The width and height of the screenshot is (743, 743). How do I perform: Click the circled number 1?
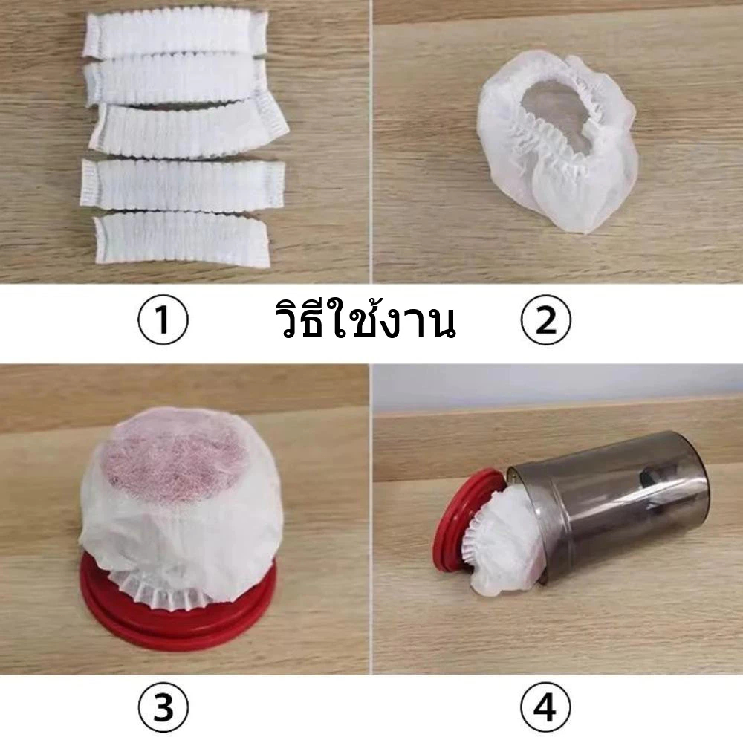pyautogui.click(x=163, y=319)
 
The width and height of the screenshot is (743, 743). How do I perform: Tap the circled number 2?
pyautogui.click(x=546, y=319)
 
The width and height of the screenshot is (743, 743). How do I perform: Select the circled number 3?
pyautogui.click(x=163, y=708)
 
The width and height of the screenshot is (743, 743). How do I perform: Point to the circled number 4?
pyautogui.click(x=546, y=708)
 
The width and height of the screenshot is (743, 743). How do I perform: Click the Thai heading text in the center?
pyautogui.click(x=365, y=319)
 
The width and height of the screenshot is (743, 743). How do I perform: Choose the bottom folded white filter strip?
pyautogui.click(x=182, y=239)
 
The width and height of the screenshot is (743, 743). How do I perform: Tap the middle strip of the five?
pyautogui.click(x=194, y=129)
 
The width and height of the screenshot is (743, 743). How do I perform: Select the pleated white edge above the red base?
pyautogui.click(x=156, y=587)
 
